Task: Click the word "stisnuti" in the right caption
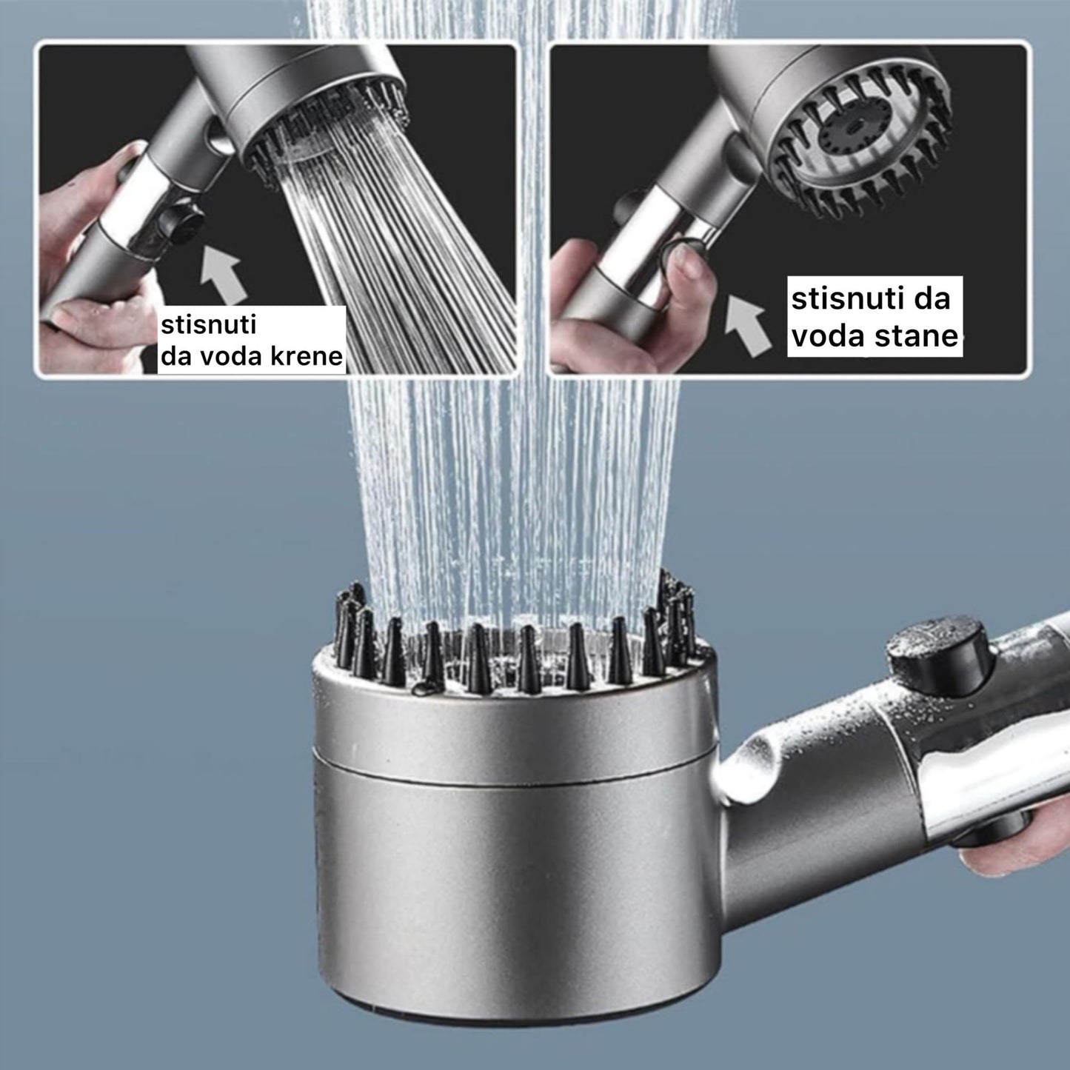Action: [x=846, y=298]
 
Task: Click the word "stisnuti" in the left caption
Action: [x=208, y=325]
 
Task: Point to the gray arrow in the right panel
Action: [x=747, y=325]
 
